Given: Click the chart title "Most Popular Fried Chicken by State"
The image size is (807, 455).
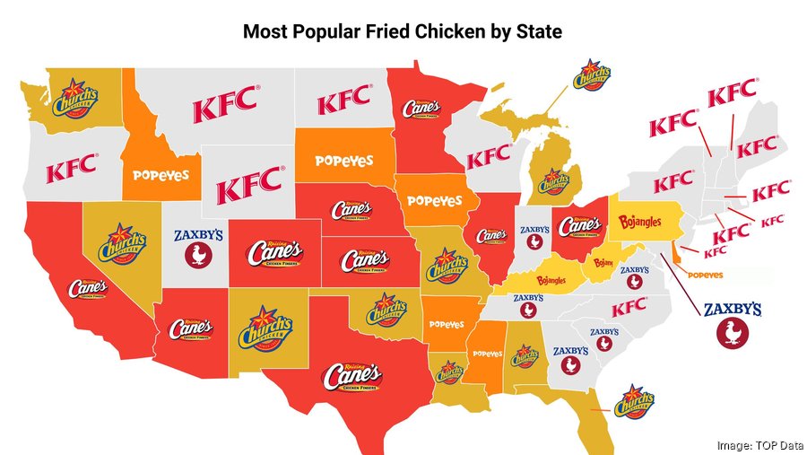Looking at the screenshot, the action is [403, 33].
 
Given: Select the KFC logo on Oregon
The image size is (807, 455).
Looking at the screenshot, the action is [72, 168].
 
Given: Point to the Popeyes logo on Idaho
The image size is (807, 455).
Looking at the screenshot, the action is [162, 175].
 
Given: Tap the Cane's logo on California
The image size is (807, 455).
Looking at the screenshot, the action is [88, 289].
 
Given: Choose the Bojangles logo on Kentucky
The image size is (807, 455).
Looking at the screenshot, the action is [550, 281].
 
